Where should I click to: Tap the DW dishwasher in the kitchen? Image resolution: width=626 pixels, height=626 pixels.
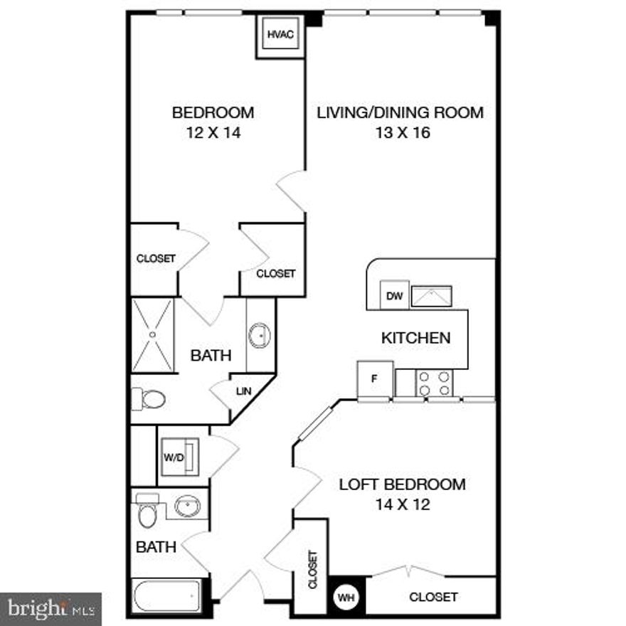click(x=395, y=296)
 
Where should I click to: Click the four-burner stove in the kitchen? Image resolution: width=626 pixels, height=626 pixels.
click(x=434, y=383)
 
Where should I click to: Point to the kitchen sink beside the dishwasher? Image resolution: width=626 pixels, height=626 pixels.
click(x=431, y=296)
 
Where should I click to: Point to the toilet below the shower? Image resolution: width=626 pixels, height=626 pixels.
click(x=149, y=399)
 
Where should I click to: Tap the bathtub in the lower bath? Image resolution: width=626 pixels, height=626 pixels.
click(x=167, y=593)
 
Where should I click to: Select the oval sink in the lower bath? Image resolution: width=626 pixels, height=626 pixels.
click(x=186, y=506)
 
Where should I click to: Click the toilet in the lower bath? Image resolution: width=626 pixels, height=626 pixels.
click(x=147, y=511)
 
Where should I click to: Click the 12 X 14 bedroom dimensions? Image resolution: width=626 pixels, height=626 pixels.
click(x=213, y=132)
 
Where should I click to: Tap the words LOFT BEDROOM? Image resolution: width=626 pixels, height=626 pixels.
click(x=402, y=485)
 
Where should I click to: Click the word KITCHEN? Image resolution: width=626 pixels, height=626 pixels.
click(x=416, y=338)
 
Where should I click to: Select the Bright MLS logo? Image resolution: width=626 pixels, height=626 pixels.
click(x=51, y=608)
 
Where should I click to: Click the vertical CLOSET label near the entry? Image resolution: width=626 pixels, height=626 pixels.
click(x=312, y=569)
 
